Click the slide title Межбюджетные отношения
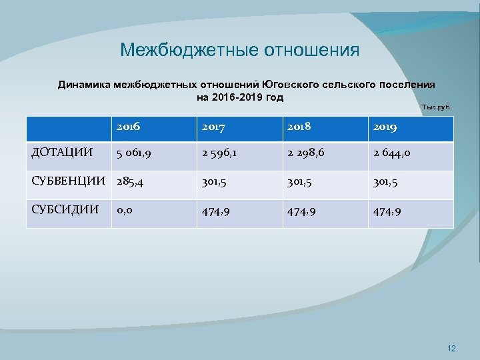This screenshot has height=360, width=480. pyautogui.click(x=239, y=51)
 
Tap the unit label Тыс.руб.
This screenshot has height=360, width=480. pyautogui.click(x=437, y=107)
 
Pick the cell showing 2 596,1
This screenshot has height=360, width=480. pyautogui.click(x=221, y=155)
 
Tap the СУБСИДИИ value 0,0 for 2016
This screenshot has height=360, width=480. pyautogui.click(x=124, y=211)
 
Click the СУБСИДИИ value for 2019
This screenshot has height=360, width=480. pyautogui.click(x=388, y=211)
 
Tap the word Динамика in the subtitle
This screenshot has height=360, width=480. pyautogui.click(x=84, y=85)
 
